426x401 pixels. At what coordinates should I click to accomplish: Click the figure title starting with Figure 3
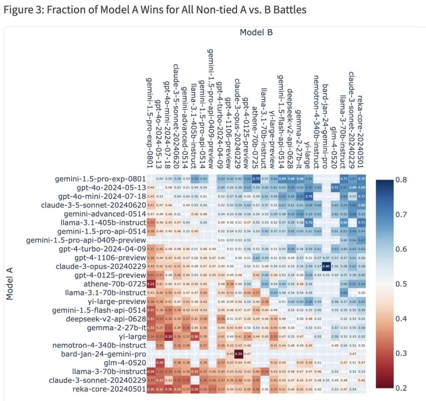[x=155, y=10]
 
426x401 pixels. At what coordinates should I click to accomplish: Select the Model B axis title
[x=256, y=32]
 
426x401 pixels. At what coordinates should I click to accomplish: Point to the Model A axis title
[x=10, y=282]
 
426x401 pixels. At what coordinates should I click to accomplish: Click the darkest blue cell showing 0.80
[x=326, y=267]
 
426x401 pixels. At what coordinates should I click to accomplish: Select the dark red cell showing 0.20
[x=238, y=354]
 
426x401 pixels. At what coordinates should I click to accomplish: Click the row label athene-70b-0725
[x=115, y=284]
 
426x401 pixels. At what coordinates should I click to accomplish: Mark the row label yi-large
[x=133, y=336]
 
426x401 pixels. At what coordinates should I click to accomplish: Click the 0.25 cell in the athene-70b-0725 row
[x=150, y=284]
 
